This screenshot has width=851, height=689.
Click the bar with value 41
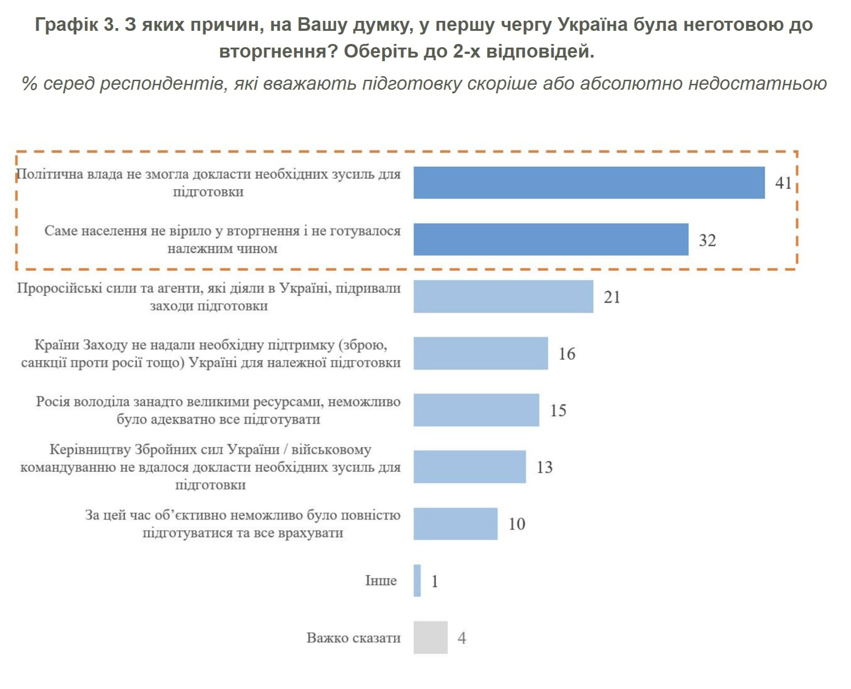pyautogui.click(x=588, y=183)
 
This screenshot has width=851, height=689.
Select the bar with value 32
pyautogui.click(x=550, y=239)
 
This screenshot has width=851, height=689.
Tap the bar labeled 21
pyautogui.click(x=503, y=296)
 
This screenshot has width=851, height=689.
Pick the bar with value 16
pyautogui.click(x=480, y=353)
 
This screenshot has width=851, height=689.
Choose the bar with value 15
pyautogui.click(x=476, y=410)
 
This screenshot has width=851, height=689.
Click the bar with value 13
pyautogui.click(x=469, y=466)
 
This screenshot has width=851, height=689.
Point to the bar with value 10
pyautogui.click(x=455, y=524)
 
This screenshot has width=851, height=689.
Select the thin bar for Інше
pyautogui.click(x=417, y=580)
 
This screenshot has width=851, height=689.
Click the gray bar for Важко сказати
pyautogui.click(x=430, y=637)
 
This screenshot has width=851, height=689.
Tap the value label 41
pyautogui.click(x=783, y=183)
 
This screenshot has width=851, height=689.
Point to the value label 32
pyautogui.click(x=707, y=240)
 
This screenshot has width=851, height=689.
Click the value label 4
pyautogui.click(x=462, y=638)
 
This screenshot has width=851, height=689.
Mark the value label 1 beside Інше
pyautogui.click(x=434, y=581)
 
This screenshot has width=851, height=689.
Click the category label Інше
pyautogui.click(x=381, y=580)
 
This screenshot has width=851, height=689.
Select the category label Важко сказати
pyautogui.click(x=353, y=637)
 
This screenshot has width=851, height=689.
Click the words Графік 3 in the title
pyautogui.click(x=77, y=24)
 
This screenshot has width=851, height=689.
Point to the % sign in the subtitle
pyautogui.click(x=29, y=83)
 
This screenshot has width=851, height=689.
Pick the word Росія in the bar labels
pyautogui.click(x=53, y=402)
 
